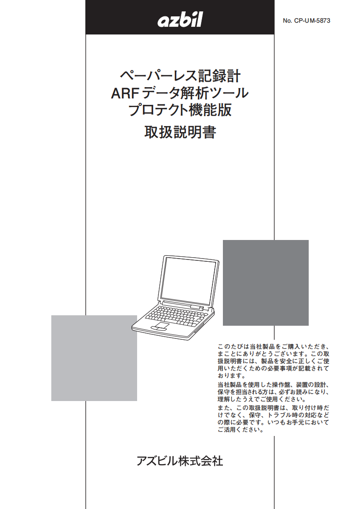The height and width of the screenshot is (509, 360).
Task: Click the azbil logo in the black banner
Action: [x=180, y=20]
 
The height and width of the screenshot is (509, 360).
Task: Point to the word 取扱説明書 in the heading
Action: [x=180, y=132]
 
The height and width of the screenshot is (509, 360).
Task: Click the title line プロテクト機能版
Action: [x=180, y=110]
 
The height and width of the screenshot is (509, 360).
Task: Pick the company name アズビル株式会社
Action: [x=180, y=461]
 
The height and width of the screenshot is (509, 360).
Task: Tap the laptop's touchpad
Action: [x=160, y=326]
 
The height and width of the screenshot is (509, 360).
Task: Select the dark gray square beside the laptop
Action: [x=266, y=283]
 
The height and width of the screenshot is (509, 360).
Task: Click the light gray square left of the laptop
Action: [x=94, y=358]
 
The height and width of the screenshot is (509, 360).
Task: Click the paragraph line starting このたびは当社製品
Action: [x=274, y=346]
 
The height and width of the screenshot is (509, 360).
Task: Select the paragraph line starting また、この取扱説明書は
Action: [x=274, y=408]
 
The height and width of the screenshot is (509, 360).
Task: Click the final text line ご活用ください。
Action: [x=241, y=430]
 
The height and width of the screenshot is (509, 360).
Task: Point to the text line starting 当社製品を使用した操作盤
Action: [x=274, y=385]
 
